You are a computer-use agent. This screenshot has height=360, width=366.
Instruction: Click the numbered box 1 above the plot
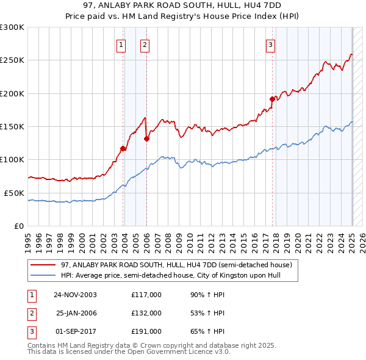tap(121, 45)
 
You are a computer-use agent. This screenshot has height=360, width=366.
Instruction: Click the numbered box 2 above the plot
tap(145, 45)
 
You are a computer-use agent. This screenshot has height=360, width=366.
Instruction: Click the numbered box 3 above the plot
tap(270, 45)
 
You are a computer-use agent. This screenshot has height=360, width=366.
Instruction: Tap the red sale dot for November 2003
tap(123, 148)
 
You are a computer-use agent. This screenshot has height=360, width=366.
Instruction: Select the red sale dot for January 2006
tap(147, 139)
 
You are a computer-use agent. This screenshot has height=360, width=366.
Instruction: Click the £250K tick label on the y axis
tap(12, 60)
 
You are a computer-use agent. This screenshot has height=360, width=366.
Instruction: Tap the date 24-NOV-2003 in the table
tap(75, 295)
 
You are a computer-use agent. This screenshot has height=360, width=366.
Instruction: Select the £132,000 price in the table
tap(146, 313)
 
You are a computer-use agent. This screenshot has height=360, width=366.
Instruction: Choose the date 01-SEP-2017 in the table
tap(75, 331)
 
